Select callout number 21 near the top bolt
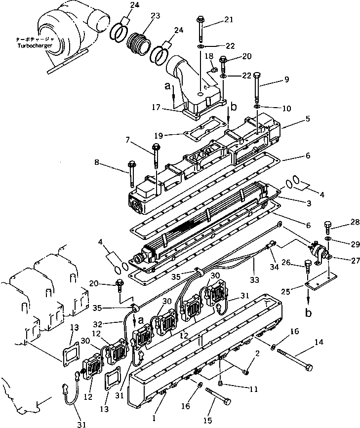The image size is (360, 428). click(228, 20)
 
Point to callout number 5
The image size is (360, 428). click(307, 118)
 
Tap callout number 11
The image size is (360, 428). click(253, 389)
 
